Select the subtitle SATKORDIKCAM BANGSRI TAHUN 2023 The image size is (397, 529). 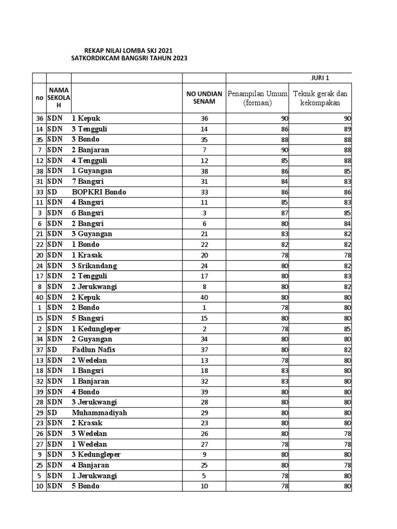[x=129, y=59]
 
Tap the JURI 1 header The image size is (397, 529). [x=320, y=78]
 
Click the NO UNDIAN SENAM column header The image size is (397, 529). [x=204, y=98]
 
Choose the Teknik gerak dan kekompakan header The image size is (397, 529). [x=320, y=98]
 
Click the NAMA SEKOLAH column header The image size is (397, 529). [x=58, y=98]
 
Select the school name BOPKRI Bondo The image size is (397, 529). [x=99, y=192]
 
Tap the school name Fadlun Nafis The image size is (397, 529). [x=94, y=350]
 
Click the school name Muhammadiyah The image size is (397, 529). [x=99, y=413]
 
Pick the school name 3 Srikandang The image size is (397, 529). [x=94, y=266]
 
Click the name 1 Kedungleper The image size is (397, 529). [x=96, y=329]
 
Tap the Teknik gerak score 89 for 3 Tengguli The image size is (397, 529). [x=347, y=129]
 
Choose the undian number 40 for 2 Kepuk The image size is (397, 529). [x=204, y=297]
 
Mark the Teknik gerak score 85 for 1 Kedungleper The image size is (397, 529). [x=347, y=329]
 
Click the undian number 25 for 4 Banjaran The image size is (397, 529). [x=204, y=465]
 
